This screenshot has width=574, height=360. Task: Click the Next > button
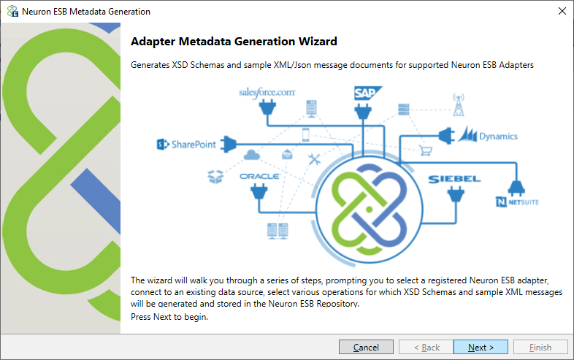tap(481, 347)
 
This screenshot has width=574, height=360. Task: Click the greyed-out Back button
tap(426, 347)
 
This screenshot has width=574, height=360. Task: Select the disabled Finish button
tap(540, 347)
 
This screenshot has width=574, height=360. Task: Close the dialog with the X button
tap(562, 12)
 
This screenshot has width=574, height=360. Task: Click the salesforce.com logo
tap(267, 92)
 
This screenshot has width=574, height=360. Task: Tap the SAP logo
tap(368, 93)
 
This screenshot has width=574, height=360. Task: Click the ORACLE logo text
tap(259, 176)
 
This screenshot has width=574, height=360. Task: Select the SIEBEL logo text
tap(454, 179)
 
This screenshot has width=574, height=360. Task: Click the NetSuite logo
tap(517, 202)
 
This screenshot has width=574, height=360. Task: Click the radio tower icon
tap(459, 104)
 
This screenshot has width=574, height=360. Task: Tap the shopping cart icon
tap(426, 150)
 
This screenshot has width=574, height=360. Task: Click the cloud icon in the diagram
tap(252, 155)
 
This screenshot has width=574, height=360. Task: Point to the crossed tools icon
tap(314, 159)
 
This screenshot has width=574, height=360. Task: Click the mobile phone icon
tap(306, 135)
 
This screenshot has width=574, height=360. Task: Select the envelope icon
tap(288, 154)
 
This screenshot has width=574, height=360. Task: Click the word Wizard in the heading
tap(318, 42)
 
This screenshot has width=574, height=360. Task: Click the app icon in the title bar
tap(12, 12)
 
